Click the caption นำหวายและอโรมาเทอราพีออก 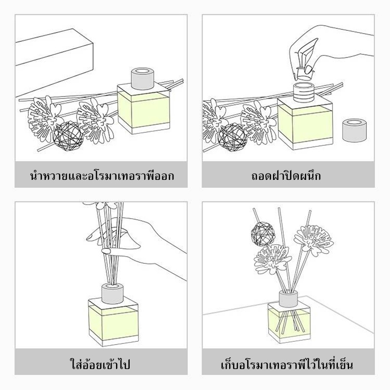point(102,175)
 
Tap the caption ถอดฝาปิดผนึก point(286,175)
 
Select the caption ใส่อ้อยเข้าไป point(100,364)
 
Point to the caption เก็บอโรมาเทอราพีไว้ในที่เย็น point(287,364)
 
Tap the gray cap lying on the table point(354,130)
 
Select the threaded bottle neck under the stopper point(304,93)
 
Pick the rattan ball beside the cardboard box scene point(68,136)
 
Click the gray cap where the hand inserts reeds point(113,293)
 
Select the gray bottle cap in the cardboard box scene point(142,78)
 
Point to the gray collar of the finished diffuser point(288,299)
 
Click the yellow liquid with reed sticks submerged point(289,322)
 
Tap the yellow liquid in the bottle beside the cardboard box point(143,109)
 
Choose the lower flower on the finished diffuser point(273,259)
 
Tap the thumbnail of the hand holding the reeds point(106,251)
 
